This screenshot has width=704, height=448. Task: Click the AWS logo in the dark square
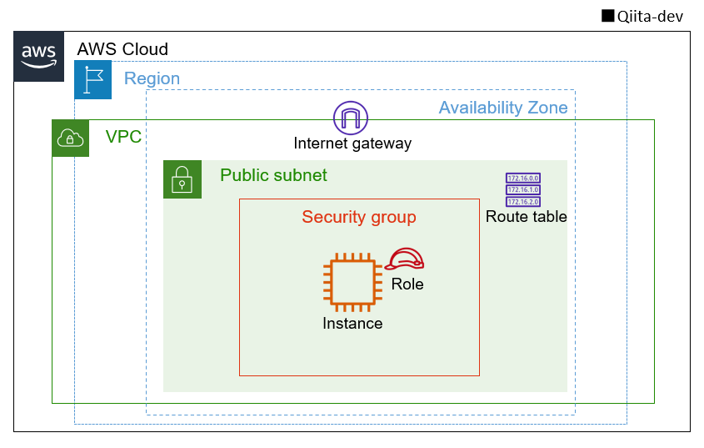38,56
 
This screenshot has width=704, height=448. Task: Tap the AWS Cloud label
122,49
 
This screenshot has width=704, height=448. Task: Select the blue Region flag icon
92,80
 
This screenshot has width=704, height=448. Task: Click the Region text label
152,79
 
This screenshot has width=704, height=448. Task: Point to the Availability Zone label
502,108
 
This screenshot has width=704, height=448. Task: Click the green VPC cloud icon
71,138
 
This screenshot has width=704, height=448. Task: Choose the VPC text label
123,137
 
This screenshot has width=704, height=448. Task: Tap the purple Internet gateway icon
350,118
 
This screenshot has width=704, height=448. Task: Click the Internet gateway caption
352,143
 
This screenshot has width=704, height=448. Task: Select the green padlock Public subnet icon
182,179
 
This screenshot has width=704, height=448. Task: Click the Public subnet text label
273,176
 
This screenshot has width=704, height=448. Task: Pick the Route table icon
523,189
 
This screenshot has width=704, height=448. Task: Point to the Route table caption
526,217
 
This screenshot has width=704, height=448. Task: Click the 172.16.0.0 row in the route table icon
523,179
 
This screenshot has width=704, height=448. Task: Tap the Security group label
358,218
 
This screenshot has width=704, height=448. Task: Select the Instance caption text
352,324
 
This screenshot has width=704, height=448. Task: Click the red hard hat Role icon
407,259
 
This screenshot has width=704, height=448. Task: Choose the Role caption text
407,284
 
